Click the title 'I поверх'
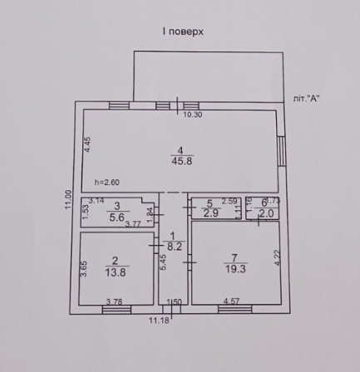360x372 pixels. (x=183, y=31)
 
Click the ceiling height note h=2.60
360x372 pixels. (x=107, y=183)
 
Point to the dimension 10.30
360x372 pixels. (x=193, y=114)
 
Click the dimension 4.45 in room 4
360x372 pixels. (x=87, y=144)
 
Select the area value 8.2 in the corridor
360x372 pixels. (x=173, y=246)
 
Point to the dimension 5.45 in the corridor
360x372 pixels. (x=164, y=262)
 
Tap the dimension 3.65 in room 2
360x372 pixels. (x=85, y=269)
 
